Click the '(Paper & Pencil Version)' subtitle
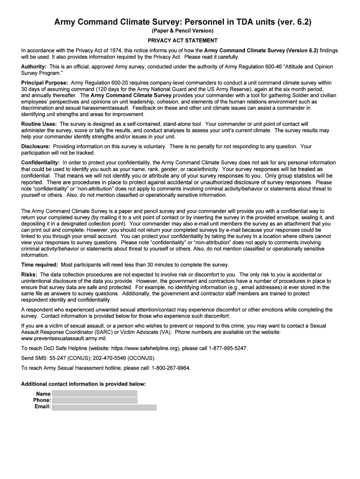tap(180, 31)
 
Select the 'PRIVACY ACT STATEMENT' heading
tap(180, 41)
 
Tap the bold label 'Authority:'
tap(34, 67)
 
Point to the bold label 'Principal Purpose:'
tap(44, 83)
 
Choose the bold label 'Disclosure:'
tap(36, 146)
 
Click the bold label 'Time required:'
tap(39, 265)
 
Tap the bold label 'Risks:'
tap(29, 274)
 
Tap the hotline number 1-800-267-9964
tap(171, 368)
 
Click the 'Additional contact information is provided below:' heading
tap(84, 384)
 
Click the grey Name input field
tap(94, 393)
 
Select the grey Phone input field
tap(94, 400)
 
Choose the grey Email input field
tap(104, 407)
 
